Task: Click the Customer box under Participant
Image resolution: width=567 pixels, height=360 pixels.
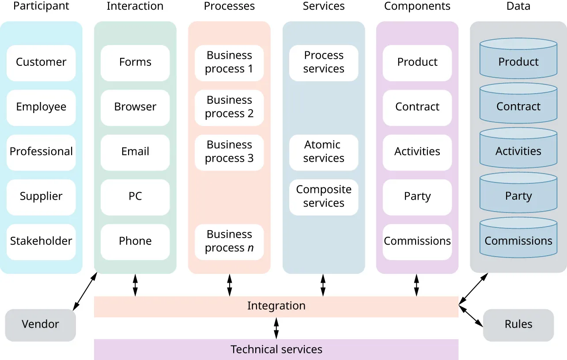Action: (x=41, y=63)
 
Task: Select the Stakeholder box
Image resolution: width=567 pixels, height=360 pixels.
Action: (x=41, y=242)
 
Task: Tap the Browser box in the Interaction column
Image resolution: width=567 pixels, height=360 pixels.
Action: (x=135, y=107)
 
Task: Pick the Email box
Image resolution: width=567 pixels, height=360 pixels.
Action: (x=135, y=152)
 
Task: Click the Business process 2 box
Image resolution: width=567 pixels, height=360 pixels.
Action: (x=229, y=107)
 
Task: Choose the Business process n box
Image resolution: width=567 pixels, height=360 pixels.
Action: (x=229, y=242)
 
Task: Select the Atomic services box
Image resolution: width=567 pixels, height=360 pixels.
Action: (x=324, y=152)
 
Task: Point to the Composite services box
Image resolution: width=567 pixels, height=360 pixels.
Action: (x=324, y=197)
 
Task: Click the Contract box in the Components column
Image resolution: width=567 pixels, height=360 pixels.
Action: (x=417, y=107)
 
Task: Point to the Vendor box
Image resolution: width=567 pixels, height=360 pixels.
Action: (x=41, y=325)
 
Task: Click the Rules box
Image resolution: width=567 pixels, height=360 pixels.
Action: (x=518, y=325)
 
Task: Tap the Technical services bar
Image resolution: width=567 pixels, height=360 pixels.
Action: (x=276, y=350)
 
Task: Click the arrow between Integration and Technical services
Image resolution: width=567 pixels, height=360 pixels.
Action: (x=276, y=328)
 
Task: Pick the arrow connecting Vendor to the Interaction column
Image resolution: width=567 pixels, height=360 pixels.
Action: (x=85, y=292)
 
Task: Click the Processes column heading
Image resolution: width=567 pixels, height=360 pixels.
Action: (x=229, y=6)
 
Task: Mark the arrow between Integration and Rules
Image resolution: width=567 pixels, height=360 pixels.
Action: (x=471, y=316)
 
